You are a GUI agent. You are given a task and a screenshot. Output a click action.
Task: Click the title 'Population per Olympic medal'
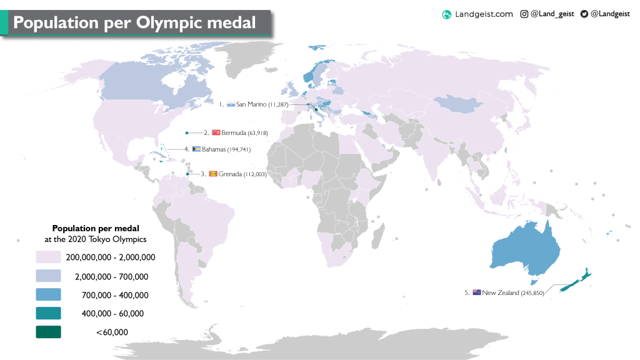pyautogui.click(x=134, y=22)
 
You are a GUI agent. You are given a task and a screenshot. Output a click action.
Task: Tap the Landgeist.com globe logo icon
pyautogui.click(x=446, y=14)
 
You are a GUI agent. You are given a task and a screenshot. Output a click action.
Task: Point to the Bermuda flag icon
pyautogui.click(x=216, y=133)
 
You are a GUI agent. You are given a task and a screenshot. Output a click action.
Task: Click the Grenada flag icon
pyautogui.click(x=212, y=174)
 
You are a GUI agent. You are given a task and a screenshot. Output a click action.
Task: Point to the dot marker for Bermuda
pyautogui.click(x=186, y=132)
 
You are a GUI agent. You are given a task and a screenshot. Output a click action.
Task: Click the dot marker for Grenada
pyautogui.click(x=187, y=174)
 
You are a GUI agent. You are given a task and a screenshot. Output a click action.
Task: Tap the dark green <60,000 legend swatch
pyautogui.click(x=48, y=332)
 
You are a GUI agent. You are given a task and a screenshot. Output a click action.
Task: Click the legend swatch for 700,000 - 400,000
pyautogui.click(x=48, y=294)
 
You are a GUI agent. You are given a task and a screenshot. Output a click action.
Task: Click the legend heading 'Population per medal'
pyautogui.click(x=96, y=228)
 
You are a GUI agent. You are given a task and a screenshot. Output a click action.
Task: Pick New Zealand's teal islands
pyautogui.click(x=574, y=282)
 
